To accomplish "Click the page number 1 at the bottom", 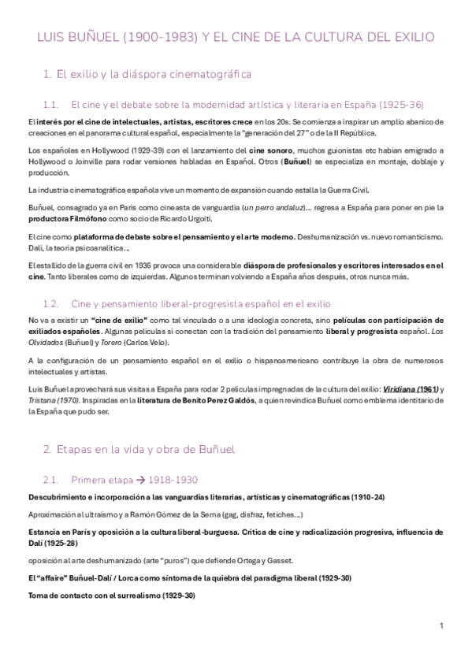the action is pos(442,625).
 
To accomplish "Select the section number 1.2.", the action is pos(53,303).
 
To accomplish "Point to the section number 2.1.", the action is pos(53,479).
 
